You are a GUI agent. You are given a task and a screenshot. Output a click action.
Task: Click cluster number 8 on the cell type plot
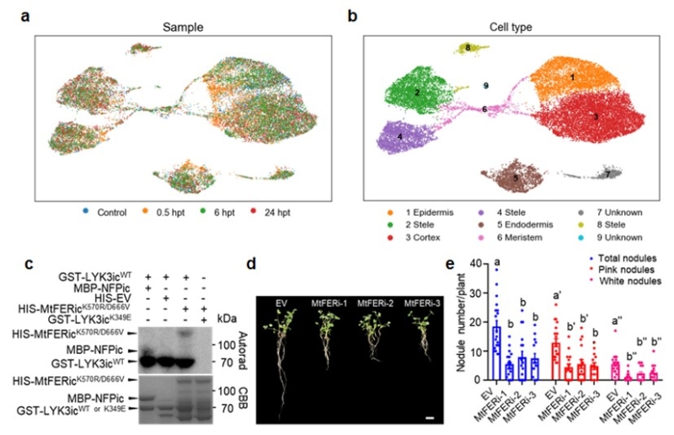468,50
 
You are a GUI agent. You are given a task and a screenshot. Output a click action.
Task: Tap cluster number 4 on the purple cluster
399,136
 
